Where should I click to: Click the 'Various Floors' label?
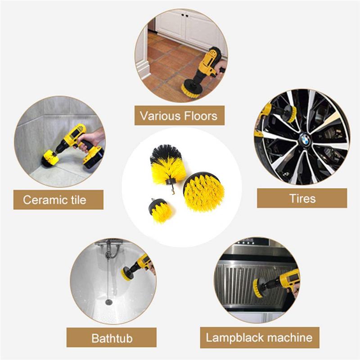click(179, 116)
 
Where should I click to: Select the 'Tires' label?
click(302, 198)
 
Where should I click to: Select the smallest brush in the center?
click(160, 211)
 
